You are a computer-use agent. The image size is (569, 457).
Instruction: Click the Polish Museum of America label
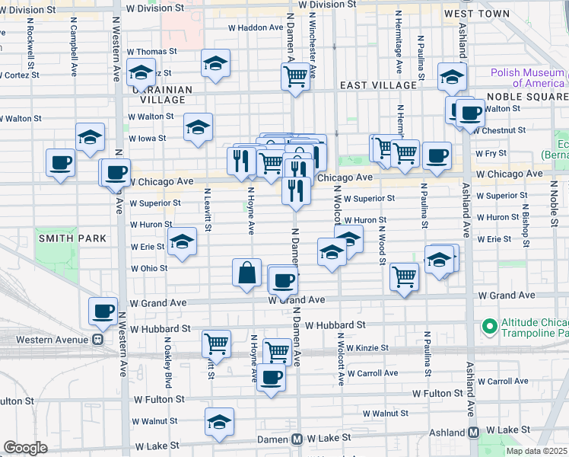tap(528, 78)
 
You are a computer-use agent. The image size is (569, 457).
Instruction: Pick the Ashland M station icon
tap(473, 433)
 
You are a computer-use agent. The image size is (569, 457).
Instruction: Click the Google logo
tap(25, 448)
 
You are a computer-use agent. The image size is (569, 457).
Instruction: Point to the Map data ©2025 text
tap(537, 451)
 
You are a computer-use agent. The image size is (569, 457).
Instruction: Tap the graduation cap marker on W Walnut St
tap(219, 423)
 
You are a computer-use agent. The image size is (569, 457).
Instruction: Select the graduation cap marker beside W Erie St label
tap(182, 241)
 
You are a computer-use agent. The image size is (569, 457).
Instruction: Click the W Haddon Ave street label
tap(256, 27)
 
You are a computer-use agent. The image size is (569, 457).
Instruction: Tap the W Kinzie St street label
tap(367, 348)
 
